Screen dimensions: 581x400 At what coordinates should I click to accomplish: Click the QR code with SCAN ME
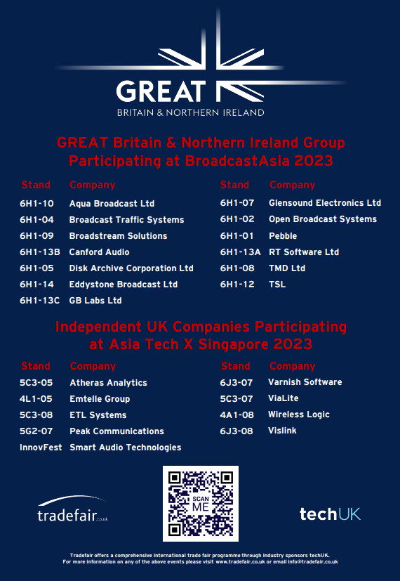pos(200,504)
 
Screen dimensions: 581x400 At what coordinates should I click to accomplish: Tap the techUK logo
pos(330,514)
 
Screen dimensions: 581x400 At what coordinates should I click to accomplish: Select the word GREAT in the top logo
pos(161,91)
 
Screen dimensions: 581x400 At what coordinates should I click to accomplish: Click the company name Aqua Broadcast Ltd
pos(112,204)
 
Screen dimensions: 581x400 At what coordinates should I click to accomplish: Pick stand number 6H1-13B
pos(40,252)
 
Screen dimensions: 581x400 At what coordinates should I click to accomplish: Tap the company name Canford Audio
pos(99,252)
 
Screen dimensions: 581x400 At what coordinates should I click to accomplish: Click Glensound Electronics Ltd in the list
pos(325,203)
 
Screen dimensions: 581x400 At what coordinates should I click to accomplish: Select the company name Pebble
pos(283,236)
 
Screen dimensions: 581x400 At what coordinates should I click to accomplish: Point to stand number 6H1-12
pos(237,285)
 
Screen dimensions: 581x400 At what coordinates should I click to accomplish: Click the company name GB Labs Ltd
pos(95,301)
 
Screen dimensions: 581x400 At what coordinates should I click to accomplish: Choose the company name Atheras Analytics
pos(108,383)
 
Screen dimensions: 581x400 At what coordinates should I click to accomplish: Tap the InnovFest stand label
pos(41,448)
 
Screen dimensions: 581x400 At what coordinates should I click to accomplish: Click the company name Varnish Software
pos(305,382)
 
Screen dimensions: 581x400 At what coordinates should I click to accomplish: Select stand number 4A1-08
pos(236,414)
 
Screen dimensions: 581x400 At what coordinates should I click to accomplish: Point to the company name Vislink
pos(283,431)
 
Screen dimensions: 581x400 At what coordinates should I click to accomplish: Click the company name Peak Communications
pos(116,431)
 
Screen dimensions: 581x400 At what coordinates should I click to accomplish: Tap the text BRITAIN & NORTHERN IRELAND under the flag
pos(190,112)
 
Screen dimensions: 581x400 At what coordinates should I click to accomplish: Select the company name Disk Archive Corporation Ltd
pos(131,268)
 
